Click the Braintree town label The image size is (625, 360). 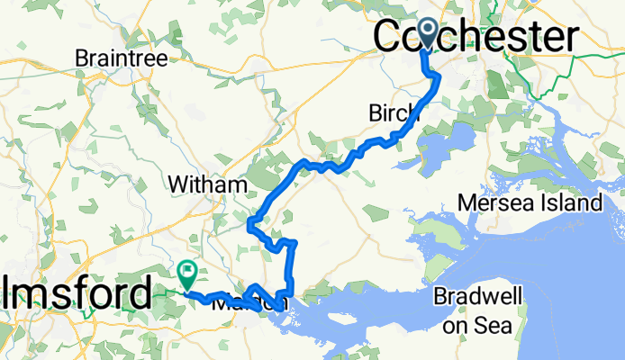[122, 58]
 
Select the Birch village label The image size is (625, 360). [394, 113]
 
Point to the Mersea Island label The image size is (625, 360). [530, 202]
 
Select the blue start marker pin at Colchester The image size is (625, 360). [424, 32]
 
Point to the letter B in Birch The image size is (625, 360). [375, 113]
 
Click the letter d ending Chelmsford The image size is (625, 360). [140, 293]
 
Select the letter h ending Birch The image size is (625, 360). [413, 113]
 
